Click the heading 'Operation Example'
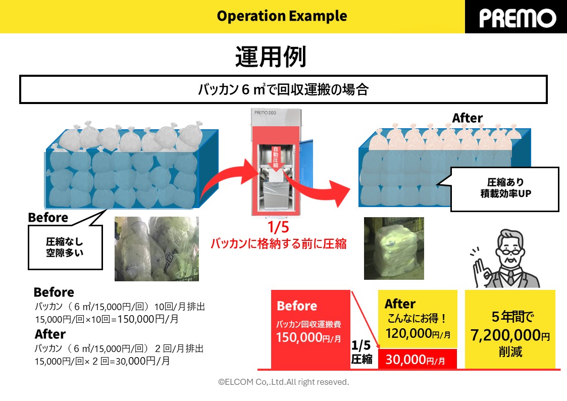[x=282, y=16]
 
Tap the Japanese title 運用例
[x=270, y=57]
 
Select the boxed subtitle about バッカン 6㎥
[x=283, y=90]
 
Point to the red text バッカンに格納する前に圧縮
[x=278, y=243]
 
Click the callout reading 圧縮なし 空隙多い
[x=65, y=247]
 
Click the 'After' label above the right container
[x=467, y=118]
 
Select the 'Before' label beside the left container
[x=48, y=218]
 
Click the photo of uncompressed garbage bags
[x=157, y=248]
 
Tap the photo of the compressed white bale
[x=394, y=248]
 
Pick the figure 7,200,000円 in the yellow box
[x=510, y=335]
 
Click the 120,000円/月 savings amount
[x=418, y=333]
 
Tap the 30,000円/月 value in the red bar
[x=415, y=360]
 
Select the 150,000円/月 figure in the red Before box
[x=308, y=338]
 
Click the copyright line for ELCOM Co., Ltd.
[x=283, y=382]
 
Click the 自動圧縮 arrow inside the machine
[x=276, y=162]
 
